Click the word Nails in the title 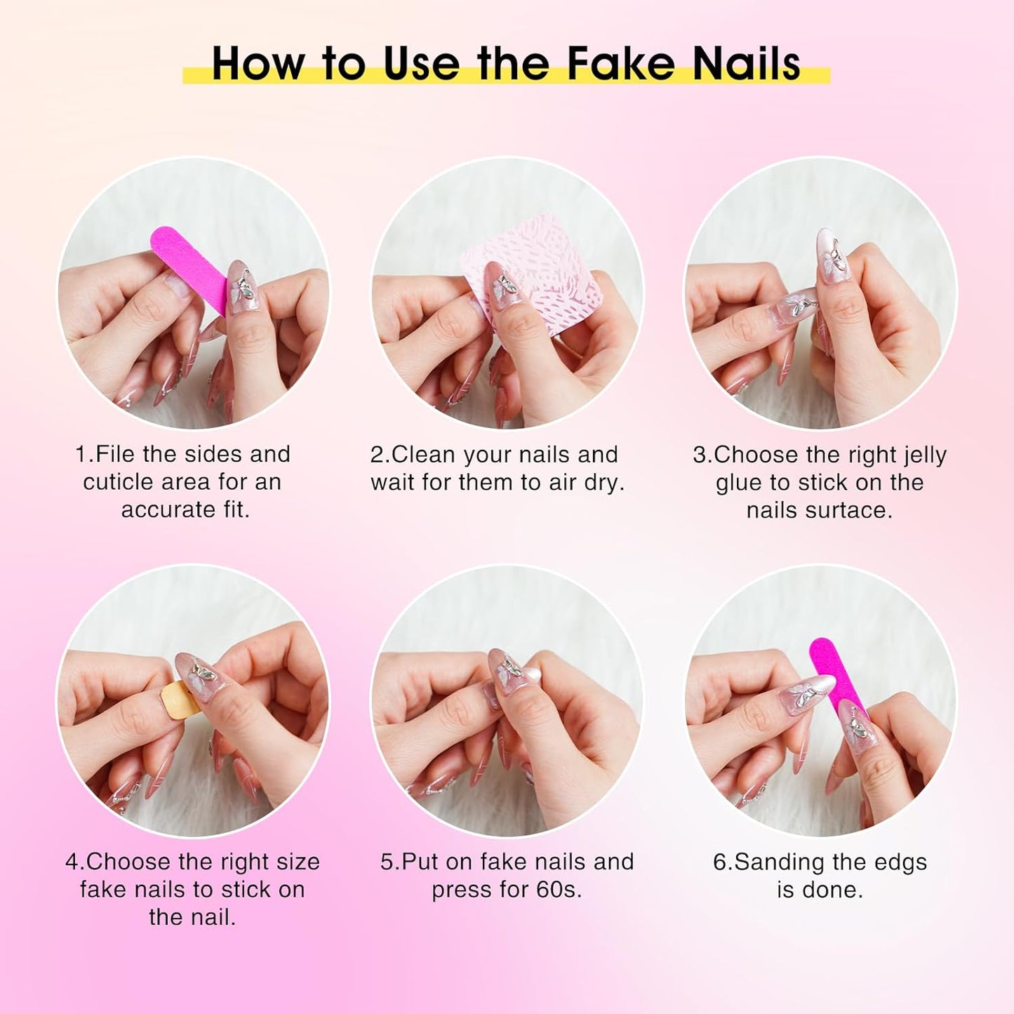tap(746, 64)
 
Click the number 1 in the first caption tap(81, 455)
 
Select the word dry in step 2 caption tap(603, 483)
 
